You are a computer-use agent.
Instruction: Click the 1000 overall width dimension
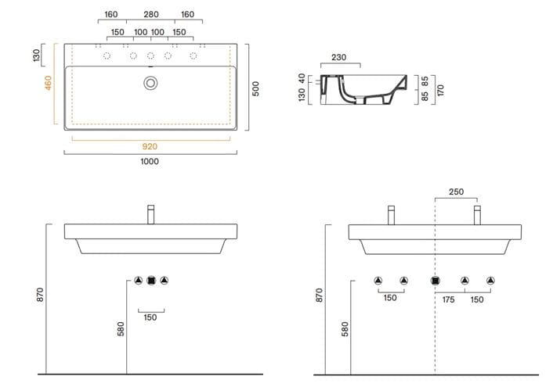(x=150, y=162)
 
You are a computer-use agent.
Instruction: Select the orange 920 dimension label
(x=150, y=146)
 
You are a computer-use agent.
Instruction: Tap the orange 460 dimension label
(x=48, y=83)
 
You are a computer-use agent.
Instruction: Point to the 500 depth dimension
(x=255, y=88)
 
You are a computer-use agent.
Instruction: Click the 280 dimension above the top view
(x=151, y=14)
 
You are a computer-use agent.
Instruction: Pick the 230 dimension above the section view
(x=339, y=57)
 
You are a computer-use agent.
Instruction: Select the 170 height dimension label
(x=440, y=90)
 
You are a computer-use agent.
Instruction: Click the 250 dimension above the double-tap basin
(x=456, y=192)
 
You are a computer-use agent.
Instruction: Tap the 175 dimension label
(x=448, y=299)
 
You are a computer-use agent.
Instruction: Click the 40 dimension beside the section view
(x=302, y=78)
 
